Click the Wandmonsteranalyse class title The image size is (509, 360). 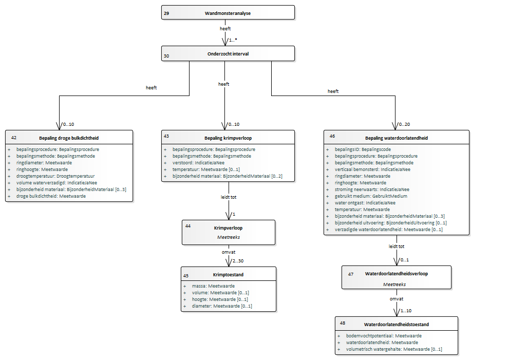[228, 13]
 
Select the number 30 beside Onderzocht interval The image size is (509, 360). [166, 56]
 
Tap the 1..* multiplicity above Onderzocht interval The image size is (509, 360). [233, 40]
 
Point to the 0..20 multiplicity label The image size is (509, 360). [404, 124]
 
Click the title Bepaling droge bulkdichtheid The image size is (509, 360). [69, 138]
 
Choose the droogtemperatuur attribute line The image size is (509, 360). [55, 176]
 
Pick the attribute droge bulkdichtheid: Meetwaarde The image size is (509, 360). [51, 196]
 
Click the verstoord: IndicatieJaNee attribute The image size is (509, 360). [198, 163]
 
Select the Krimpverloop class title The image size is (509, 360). [228, 228]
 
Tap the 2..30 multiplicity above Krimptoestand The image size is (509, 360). [238, 261]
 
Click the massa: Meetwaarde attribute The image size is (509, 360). [213, 286]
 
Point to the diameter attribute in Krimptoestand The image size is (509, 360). [222, 306]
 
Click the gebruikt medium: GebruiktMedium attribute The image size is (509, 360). [371, 196]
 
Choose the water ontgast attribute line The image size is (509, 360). [365, 202]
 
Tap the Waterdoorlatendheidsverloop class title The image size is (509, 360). [397, 274]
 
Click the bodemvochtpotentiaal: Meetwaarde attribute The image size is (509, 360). [384, 336]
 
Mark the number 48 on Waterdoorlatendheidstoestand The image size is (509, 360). [343, 323]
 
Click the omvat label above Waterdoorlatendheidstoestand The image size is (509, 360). [397, 299]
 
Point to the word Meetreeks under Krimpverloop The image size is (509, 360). [229, 237]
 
